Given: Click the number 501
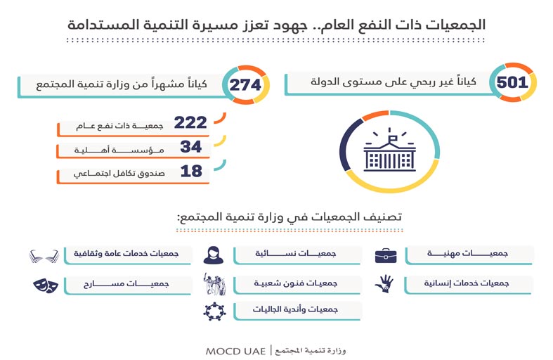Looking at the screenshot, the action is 512,82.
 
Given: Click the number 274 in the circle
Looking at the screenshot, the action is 246,85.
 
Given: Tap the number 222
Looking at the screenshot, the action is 190,123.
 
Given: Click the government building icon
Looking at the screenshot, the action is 389,151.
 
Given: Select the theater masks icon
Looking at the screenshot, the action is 44,285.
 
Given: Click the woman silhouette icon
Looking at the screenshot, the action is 214,254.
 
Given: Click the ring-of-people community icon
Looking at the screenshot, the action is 214,310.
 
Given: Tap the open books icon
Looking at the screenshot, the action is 44,254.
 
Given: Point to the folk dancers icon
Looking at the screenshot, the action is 214,284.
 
